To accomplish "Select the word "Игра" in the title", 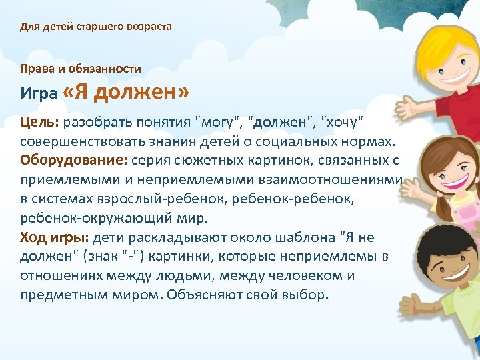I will point(38,94).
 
